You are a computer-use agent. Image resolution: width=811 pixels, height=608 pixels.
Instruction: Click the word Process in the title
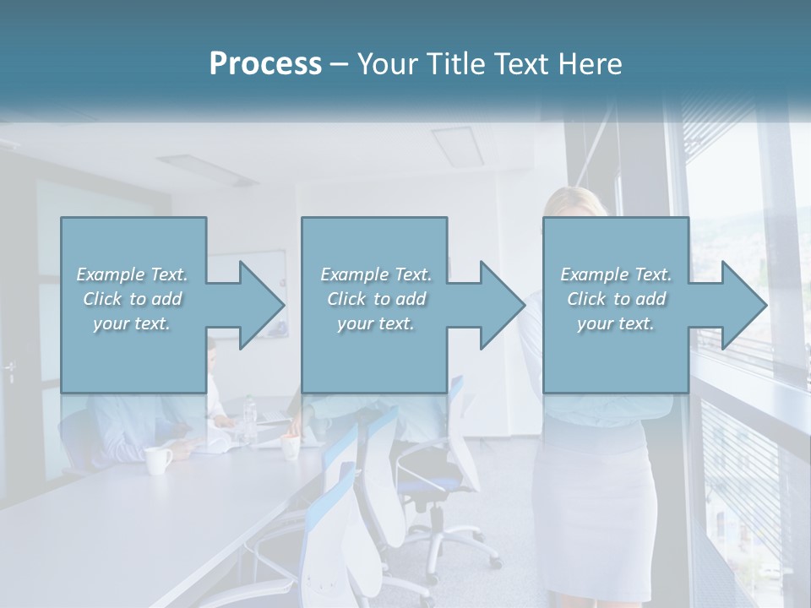click(x=265, y=64)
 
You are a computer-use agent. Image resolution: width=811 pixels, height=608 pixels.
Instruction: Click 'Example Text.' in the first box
click(x=132, y=274)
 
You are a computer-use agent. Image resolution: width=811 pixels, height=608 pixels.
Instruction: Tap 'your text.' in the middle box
click(x=375, y=323)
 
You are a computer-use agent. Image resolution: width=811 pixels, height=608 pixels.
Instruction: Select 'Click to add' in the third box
click(x=616, y=299)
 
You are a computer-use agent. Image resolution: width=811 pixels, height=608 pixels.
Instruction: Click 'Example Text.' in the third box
click(x=616, y=274)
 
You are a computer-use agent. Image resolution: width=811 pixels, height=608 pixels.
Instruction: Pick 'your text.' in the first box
click(x=132, y=323)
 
